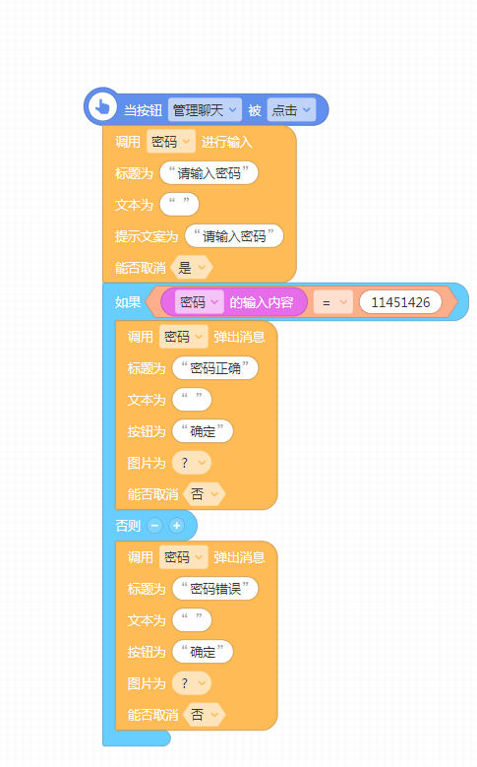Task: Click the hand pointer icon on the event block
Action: [102, 106]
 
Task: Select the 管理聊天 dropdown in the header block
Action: [205, 110]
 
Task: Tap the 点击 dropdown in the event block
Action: [291, 110]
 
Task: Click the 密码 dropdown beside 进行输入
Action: [170, 142]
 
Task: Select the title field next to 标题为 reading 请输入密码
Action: [209, 173]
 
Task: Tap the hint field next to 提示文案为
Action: [234, 236]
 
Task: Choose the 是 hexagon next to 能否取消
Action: [192, 268]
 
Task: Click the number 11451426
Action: [400, 302]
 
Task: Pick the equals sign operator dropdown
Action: [332, 302]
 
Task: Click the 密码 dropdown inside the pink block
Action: [199, 302]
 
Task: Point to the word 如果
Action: [128, 302]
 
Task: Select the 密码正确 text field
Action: [215, 368]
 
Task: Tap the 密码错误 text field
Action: [215, 589]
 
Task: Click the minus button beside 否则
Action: [155, 526]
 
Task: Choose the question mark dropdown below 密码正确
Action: [192, 463]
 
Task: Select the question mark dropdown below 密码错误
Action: [192, 683]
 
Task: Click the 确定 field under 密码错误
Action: [203, 652]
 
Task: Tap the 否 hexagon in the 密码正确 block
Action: [205, 494]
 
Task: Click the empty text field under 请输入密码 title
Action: [179, 205]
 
